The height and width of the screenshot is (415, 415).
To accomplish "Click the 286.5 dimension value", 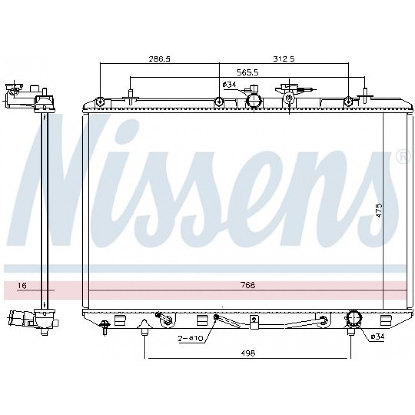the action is (159, 59).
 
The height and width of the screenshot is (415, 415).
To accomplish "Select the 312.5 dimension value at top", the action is (284, 59).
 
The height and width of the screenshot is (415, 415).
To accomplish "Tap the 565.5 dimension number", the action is (247, 72).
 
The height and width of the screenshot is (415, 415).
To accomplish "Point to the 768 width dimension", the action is (248, 285).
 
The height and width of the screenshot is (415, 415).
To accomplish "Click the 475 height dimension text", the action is (379, 210).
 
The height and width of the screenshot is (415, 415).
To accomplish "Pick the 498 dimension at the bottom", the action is (248, 353).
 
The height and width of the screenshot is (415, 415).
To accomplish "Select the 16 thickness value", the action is (22, 286).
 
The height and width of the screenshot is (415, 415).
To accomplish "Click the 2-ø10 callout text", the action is (190, 338).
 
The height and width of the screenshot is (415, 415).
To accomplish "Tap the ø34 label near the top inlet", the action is (229, 84).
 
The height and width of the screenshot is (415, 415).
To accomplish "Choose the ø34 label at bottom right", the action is (377, 337).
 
